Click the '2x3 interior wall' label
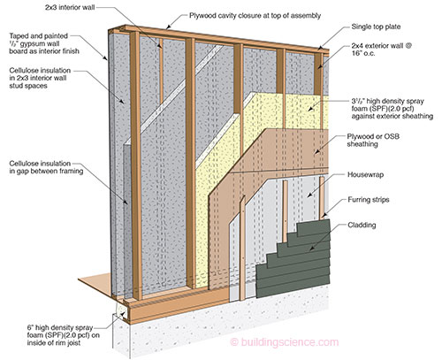tap(70, 7)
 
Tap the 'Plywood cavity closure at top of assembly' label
tap(255, 15)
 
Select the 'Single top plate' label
tap(376, 27)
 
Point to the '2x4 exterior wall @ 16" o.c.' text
tap(381, 50)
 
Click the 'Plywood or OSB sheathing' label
tap(373, 140)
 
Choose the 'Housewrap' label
tap(365, 174)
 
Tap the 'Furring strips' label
tap(369, 200)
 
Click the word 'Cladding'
tap(362, 225)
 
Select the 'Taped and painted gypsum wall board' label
tap(44, 43)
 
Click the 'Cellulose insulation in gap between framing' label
tap(46, 167)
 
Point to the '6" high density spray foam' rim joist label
tap(64, 335)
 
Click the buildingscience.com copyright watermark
tap(285, 342)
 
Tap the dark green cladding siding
tap(294, 259)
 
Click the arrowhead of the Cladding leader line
tap(311, 250)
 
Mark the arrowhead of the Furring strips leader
tap(323, 217)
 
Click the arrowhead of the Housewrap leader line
tap(309, 195)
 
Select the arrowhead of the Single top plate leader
tap(320, 48)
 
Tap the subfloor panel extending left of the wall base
tap(95, 284)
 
